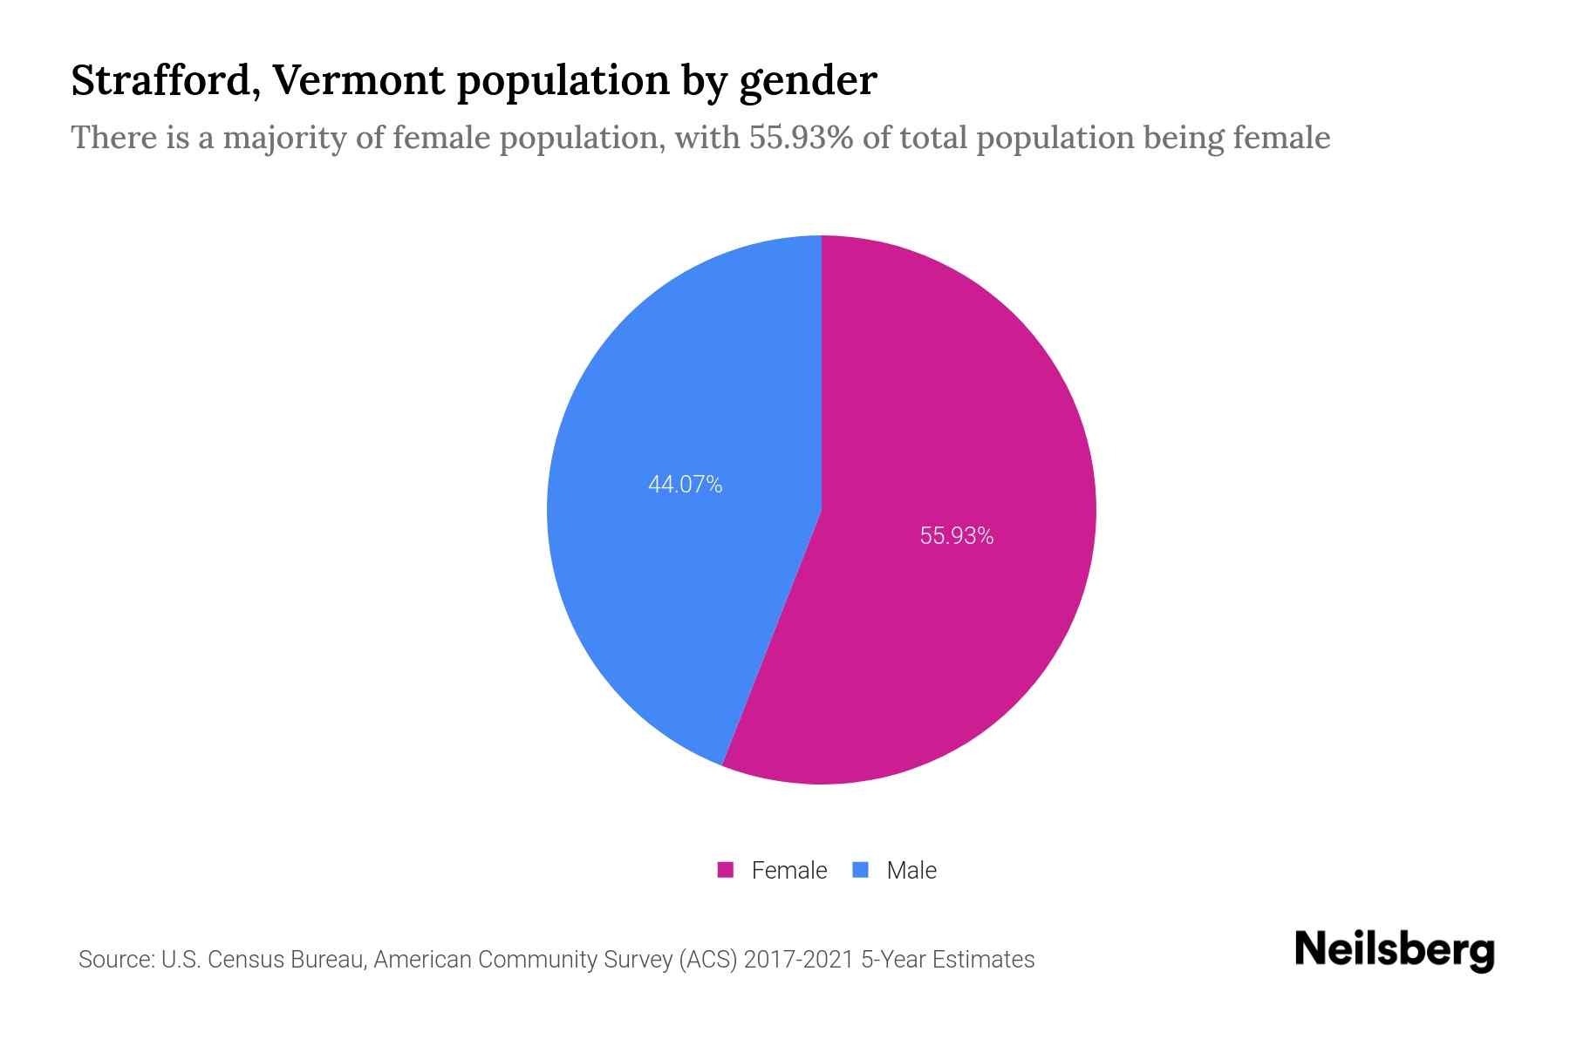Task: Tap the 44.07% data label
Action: pos(685,485)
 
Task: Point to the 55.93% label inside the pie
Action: pos(957,536)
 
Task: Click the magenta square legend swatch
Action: pos(725,870)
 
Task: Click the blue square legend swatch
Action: pos(860,870)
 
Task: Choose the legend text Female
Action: pos(788,870)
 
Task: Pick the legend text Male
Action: pos(911,870)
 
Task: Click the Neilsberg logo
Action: pos(1394,950)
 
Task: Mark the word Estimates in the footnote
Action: pos(983,960)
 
